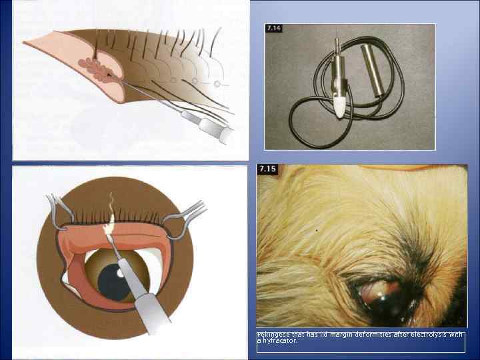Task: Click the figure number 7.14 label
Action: coord(274,29)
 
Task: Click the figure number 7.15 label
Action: coord(268,169)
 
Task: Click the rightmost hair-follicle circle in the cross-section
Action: coord(217,84)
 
